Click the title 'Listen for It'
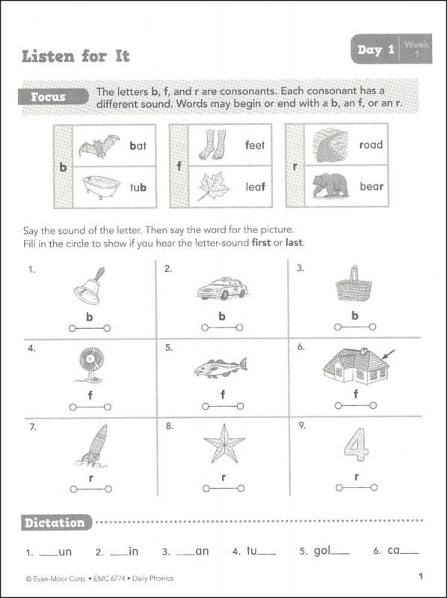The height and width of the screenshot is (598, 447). [x=75, y=55]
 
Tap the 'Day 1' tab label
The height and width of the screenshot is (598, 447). [x=375, y=50]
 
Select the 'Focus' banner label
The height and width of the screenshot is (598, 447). [x=48, y=97]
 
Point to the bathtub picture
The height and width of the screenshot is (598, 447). [x=100, y=187]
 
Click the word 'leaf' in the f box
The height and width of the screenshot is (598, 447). [x=256, y=188]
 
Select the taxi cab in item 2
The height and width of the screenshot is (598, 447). [x=222, y=288]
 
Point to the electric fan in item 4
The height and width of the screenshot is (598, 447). [x=89, y=367]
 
